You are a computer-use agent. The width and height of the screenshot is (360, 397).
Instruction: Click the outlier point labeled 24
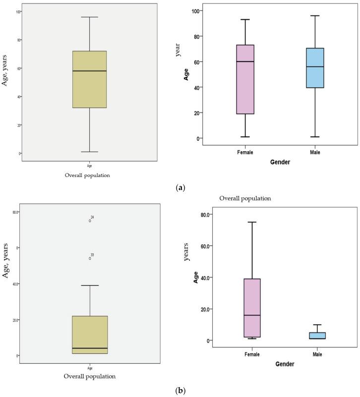point(90,221)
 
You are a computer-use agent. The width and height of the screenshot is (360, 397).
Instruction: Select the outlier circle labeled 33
point(90,258)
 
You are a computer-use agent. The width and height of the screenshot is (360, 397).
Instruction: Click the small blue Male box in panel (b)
point(315,336)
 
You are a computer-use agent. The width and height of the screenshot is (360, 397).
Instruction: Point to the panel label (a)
point(180,188)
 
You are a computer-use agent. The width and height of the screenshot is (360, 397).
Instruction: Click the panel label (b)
point(180,391)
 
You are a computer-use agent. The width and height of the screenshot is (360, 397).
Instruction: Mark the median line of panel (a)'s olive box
point(89,71)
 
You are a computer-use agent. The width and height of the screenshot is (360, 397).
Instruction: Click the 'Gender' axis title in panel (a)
point(280,162)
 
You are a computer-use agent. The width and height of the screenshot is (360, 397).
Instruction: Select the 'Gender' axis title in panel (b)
point(280,364)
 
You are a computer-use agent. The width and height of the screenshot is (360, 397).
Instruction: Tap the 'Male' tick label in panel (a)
point(315,152)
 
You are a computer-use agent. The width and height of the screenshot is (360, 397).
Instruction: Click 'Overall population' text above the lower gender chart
point(245,198)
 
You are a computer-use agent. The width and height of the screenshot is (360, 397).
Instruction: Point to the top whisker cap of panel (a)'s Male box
point(315,15)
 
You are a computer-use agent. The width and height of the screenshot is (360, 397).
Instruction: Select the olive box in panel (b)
point(90,335)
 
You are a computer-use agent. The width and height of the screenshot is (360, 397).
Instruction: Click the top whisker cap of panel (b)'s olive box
point(90,285)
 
